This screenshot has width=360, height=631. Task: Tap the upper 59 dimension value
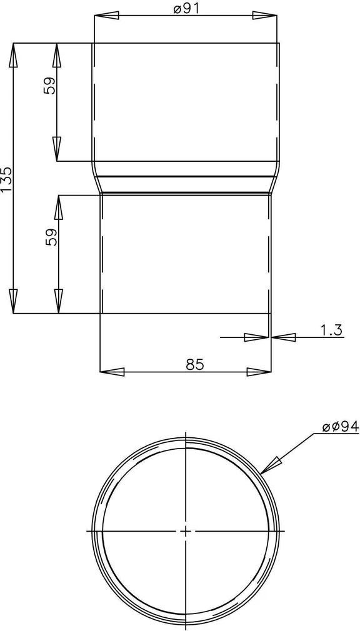[x=50, y=85]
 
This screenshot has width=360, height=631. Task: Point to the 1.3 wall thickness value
[x=331, y=330]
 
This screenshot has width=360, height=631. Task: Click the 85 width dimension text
[x=195, y=364]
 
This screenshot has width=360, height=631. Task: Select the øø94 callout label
[x=340, y=427]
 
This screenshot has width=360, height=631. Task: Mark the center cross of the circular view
[x=186, y=530]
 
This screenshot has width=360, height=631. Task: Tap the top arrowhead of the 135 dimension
[x=13, y=55]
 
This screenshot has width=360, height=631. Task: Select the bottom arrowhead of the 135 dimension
[x=13, y=301]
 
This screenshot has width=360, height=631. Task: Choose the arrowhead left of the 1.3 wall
[x=256, y=337]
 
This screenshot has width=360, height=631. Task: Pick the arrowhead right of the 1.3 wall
[x=283, y=337]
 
